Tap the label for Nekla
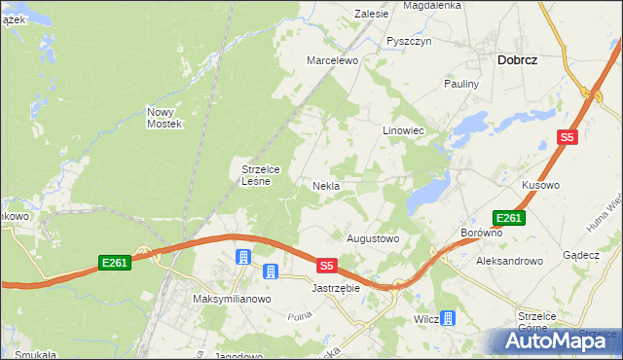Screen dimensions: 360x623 click(325, 185)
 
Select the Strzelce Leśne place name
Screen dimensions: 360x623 click(261, 174)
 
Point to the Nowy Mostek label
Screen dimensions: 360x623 click(165, 117)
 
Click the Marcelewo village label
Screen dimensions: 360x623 click(333, 60)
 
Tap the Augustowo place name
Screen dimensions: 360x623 click(374, 237)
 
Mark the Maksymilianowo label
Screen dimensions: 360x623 click(231, 299)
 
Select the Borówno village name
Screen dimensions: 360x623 click(481, 234)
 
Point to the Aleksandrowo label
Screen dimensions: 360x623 click(508, 261)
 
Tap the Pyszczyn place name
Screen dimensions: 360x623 click(408, 42)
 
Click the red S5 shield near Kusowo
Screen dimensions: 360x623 click(568, 138)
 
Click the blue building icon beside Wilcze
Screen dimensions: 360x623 click(447, 318)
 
